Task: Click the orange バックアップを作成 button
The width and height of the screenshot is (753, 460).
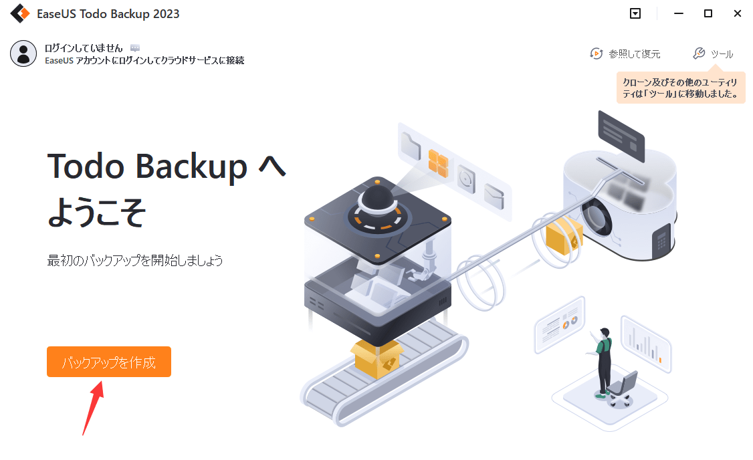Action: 108,362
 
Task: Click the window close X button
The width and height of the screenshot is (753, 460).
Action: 737,13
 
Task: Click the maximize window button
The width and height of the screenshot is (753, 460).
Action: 708,13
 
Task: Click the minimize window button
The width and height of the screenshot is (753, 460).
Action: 678,13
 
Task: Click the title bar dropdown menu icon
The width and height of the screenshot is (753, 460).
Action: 635,13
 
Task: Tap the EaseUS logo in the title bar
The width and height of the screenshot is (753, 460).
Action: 19,13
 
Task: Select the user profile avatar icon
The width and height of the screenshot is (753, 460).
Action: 23,53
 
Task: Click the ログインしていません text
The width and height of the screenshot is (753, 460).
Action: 84,48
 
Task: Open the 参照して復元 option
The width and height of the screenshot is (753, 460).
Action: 625,53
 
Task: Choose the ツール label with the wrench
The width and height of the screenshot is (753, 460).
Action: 714,53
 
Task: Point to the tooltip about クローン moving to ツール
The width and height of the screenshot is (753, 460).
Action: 681,88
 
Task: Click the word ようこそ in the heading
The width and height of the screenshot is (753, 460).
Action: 97,212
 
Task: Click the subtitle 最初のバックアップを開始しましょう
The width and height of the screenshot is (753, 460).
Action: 135,260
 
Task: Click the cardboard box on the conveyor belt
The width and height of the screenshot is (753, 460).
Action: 378,357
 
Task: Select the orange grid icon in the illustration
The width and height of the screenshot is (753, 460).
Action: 438,163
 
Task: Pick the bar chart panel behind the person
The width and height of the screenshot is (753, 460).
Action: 645,345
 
